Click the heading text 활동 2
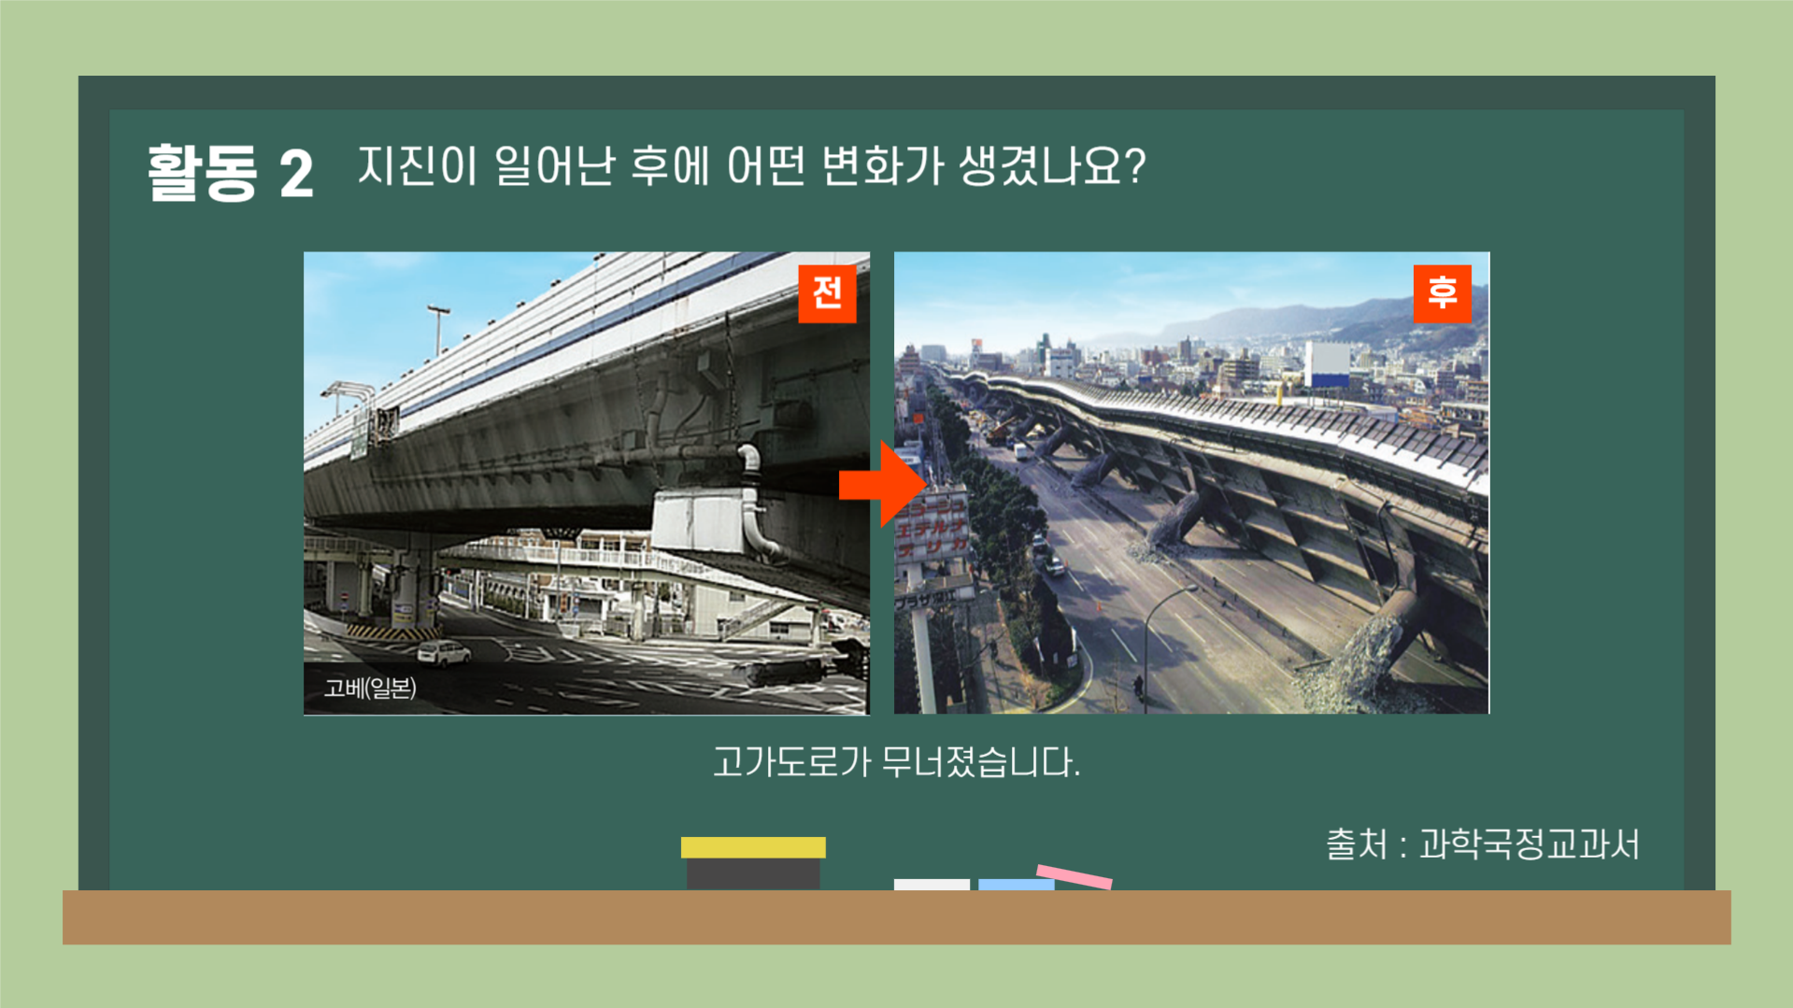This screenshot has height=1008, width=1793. click(230, 173)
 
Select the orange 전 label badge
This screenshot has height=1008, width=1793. click(827, 293)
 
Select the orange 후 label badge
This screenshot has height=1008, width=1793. click(1442, 293)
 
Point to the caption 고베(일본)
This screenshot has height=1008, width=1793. click(370, 689)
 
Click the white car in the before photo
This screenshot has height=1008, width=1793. click(443, 653)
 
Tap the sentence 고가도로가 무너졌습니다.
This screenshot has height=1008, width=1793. click(896, 762)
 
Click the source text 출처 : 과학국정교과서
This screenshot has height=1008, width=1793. click(1483, 845)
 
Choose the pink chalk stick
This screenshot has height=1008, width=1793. click(1074, 876)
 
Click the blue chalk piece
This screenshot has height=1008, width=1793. click(1016, 884)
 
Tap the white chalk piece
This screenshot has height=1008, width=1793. click(931, 884)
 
